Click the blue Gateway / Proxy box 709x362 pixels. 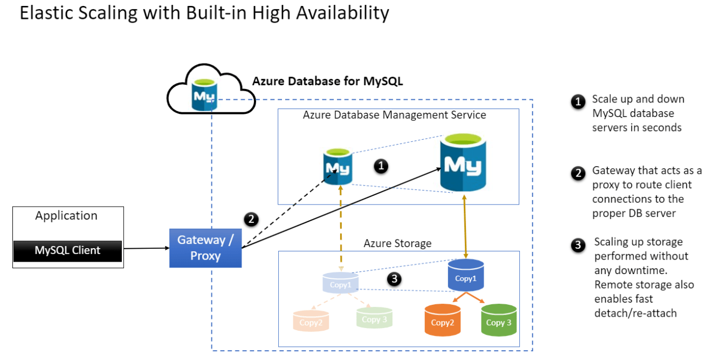tap(205, 248)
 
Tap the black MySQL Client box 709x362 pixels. tap(67, 250)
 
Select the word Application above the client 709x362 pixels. tap(66, 216)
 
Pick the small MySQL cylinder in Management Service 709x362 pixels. tap(338, 167)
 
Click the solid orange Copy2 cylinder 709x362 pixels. tap(443, 319)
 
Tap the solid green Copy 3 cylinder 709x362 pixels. tap(499, 319)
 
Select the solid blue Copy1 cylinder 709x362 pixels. tap(466, 276)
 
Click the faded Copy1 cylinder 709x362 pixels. tap(340, 283)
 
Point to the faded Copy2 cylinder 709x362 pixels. tap(311, 320)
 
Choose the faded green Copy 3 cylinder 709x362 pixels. tap(374, 318)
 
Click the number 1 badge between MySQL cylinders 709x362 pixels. tap(381, 166)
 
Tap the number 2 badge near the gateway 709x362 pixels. tap(250, 219)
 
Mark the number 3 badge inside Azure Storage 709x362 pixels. tap(395, 279)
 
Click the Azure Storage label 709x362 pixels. tap(397, 243)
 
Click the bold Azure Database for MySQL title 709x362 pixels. tap(328, 81)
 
